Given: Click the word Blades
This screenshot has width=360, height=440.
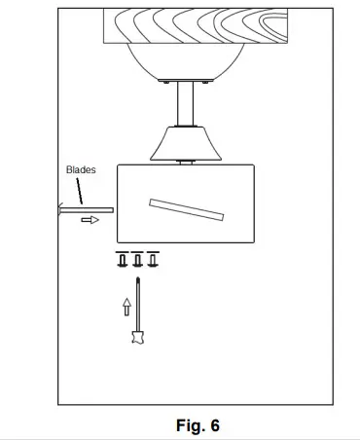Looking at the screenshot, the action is [81, 169].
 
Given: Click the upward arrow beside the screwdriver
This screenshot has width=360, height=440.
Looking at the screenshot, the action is [125, 307].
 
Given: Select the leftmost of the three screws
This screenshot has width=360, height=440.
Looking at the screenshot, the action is [123, 260].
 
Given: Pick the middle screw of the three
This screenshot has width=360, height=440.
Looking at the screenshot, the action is [137, 260].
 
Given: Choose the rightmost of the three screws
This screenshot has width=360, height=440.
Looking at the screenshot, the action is [153, 260].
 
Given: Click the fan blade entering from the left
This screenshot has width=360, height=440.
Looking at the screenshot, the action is [88, 208].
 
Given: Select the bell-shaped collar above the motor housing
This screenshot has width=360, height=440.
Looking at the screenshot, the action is [185, 143].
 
